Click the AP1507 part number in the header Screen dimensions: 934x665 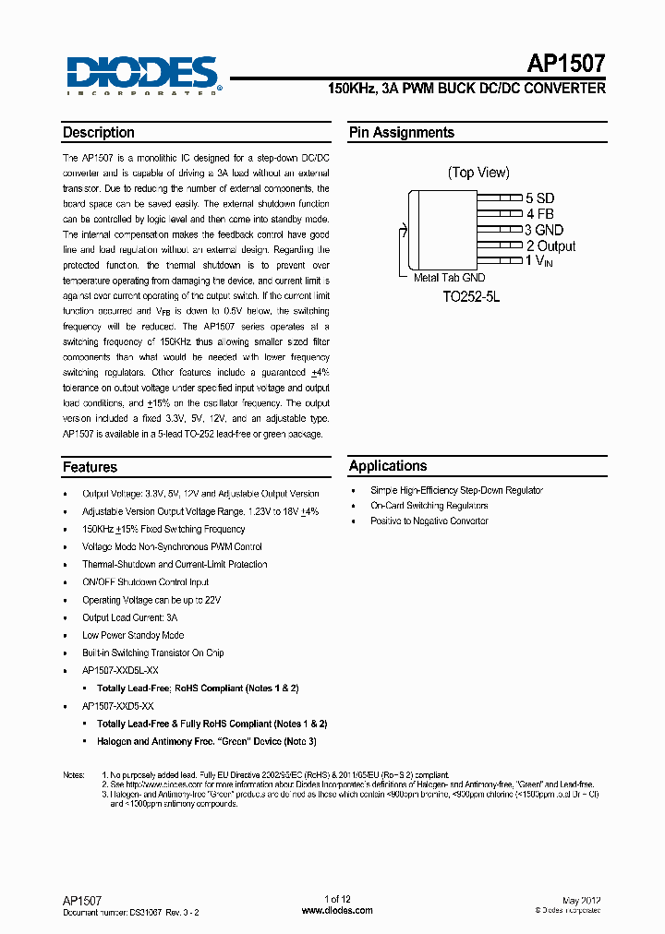(x=566, y=64)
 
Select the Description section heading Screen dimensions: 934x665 (x=99, y=133)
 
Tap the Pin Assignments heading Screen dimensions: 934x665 (x=401, y=133)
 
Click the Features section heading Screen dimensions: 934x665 (x=90, y=467)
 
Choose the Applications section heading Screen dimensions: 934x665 (x=388, y=466)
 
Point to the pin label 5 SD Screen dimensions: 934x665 (x=539, y=198)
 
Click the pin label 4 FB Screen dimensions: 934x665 (x=539, y=214)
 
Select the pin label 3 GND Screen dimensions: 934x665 (x=544, y=230)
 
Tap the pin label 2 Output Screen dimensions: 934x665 (x=550, y=245)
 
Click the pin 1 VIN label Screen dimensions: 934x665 (x=541, y=261)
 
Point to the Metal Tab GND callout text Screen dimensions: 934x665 (x=449, y=278)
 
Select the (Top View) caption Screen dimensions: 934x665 (x=478, y=173)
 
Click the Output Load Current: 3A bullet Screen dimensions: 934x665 (x=129, y=617)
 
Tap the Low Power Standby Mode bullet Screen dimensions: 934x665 (x=133, y=635)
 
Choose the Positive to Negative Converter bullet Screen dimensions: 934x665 (x=429, y=521)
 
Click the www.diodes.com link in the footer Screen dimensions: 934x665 (x=337, y=910)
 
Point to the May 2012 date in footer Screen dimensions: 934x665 (x=581, y=899)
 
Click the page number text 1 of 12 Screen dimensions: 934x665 (x=338, y=899)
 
